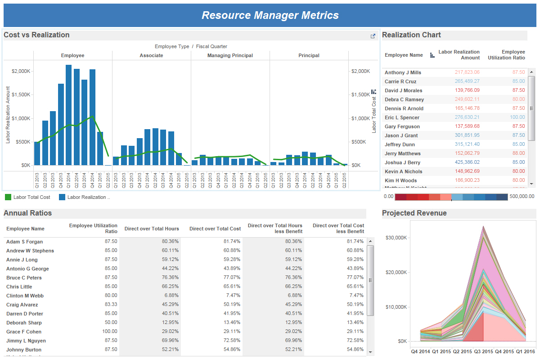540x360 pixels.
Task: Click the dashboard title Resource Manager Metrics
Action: tap(270, 15)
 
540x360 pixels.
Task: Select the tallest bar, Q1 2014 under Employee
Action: tap(68, 115)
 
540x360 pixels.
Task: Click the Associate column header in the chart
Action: tap(151, 55)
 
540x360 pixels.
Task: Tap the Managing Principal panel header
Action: tap(230, 55)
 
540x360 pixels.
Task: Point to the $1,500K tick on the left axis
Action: tap(21, 95)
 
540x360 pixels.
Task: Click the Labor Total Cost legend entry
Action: tap(31, 197)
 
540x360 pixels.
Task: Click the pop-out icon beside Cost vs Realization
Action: tap(373, 36)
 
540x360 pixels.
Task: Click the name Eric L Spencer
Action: tap(402, 117)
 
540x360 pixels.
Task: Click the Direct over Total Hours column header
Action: tap(152, 229)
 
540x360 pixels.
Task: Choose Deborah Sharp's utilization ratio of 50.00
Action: tap(111, 323)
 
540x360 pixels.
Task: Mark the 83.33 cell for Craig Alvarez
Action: tap(111, 305)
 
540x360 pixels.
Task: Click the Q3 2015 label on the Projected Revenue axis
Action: tap(484, 351)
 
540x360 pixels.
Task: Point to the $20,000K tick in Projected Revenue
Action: tap(396, 272)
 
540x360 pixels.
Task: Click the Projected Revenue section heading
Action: tap(414, 213)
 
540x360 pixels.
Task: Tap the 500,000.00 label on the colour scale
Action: tap(522, 197)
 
